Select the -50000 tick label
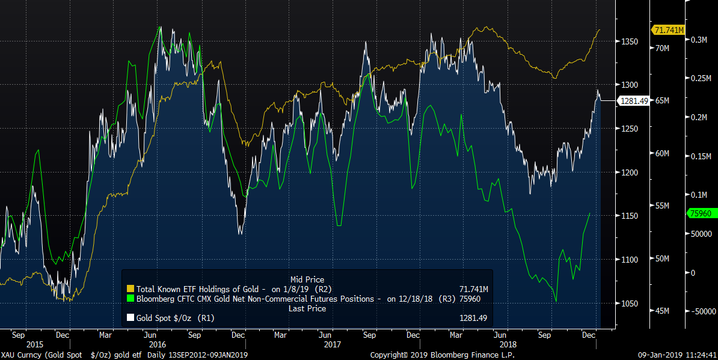tap(702, 311)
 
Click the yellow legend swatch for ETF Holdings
tap(130, 289)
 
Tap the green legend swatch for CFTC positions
tap(130, 299)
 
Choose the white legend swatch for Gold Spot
tap(130, 318)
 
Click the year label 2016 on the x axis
tap(157, 345)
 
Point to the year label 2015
tap(34, 345)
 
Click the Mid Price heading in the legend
tap(307, 279)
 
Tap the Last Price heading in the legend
tap(307, 308)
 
